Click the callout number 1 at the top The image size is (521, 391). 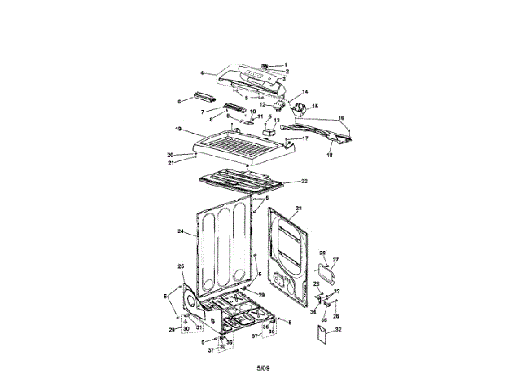click(286, 64)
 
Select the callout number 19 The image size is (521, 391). click(177, 130)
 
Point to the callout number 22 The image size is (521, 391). click(304, 181)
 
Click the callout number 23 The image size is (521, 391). click(298, 209)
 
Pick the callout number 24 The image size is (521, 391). click(180, 232)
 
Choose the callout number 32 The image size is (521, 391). click(339, 330)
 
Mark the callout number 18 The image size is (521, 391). click(331, 154)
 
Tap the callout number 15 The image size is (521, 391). click(316, 106)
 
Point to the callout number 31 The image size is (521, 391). click(199, 327)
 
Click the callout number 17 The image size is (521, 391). click(306, 138)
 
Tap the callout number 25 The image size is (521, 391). click(181, 266)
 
